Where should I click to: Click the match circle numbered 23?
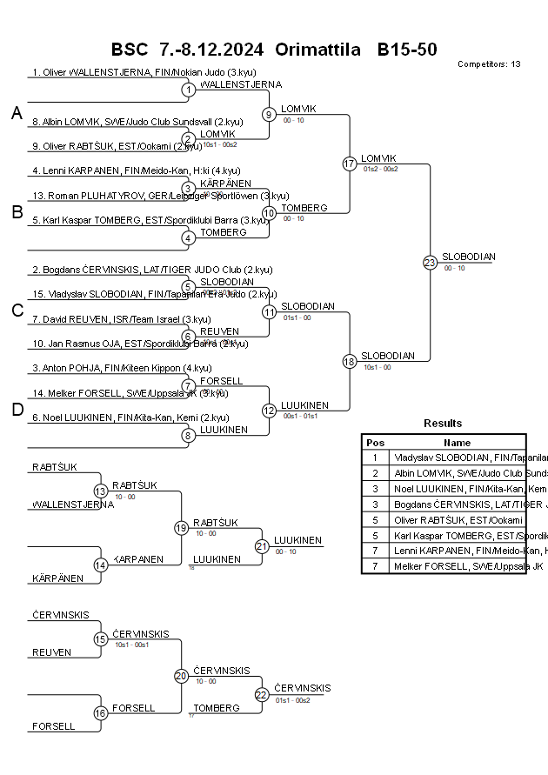pyautogui.click(x=429, y=262)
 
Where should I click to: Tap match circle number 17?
pyautogui.click(x=349, y=164)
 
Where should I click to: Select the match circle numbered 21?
pyautogui.click(x=261, y=546)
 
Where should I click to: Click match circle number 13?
pyautogui.click(x=100, y=491)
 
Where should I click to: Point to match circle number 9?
pyautogui.click(x=269, y=114)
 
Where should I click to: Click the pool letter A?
pyautogui.click(x=17, y=113)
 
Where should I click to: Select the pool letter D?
pyautogui.click(x=17, y=411)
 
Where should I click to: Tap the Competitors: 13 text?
pyautogui.click(x=489, y=64)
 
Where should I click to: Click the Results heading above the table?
pyautogui.click(x=443, y=424)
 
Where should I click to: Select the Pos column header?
pyautogui.click(x=375, y=442)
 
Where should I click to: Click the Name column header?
pyautogui.click(x=457, y=442)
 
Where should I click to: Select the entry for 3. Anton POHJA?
pyautogui.click(x=122, y=368)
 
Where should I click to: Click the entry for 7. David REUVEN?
pyautogui.click(x=122, y=319)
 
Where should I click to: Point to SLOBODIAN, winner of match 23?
pyautogui.click(x=468, y=257)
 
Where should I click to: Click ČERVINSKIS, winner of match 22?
pyautogui.click(x=302, y=688)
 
